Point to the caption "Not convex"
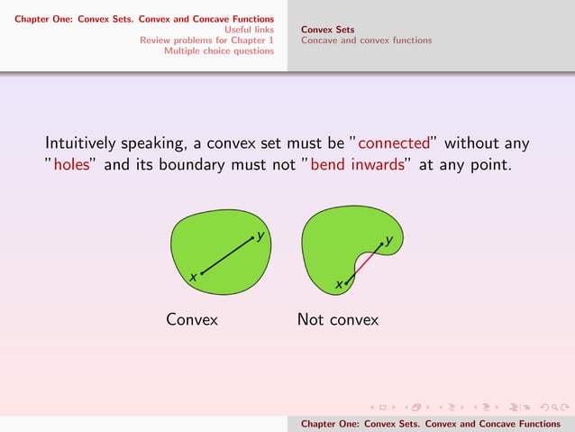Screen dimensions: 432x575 point(338,319)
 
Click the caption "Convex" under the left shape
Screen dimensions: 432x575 point(192,319)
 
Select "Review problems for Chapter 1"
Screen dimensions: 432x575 point(206,40)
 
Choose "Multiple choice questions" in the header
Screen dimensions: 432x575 point(218,51)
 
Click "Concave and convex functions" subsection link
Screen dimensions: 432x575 point(366,40)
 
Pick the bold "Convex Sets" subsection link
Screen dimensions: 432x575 point(327,29)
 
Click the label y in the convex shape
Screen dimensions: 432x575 point(260,235)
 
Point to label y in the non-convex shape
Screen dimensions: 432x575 point(388,240)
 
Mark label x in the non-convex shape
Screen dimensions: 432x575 point(339,285)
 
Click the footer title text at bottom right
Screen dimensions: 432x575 point(430,424)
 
